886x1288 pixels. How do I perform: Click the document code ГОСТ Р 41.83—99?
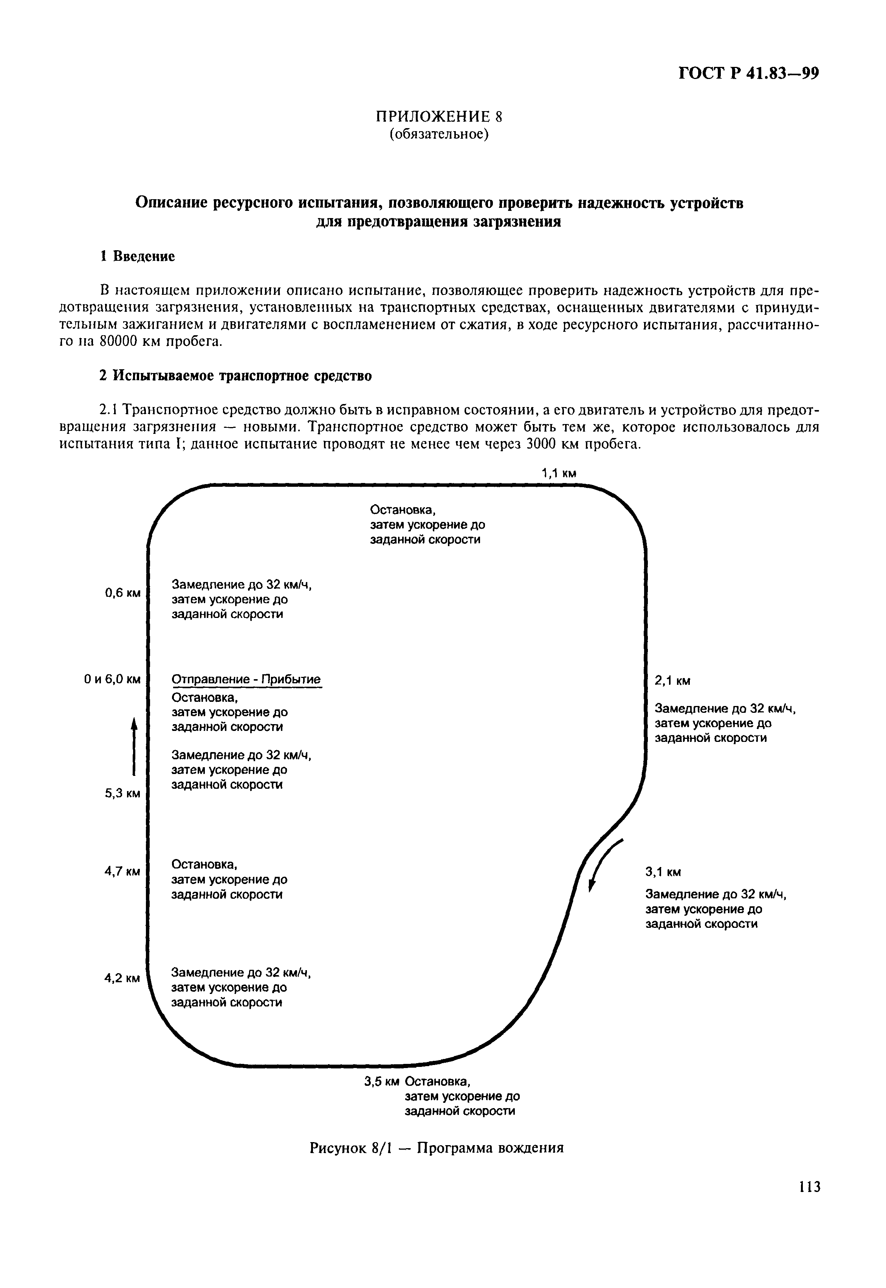[749, 74]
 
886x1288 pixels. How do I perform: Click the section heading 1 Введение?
[137, 256]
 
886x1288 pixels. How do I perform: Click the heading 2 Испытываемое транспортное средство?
[235, 376]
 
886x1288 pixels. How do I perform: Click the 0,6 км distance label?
[123, 593]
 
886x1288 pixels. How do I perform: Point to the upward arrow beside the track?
[134, 745]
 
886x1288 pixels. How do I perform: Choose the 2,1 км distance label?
[673, 681]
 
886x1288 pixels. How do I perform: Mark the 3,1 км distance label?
[663, 872]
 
